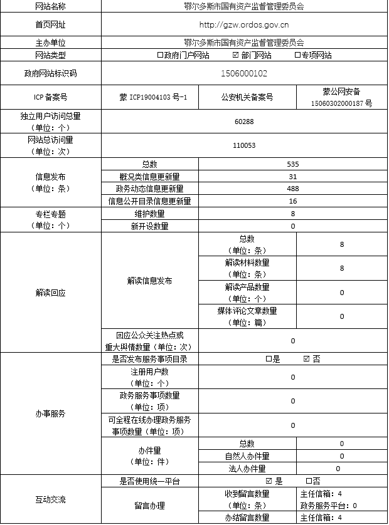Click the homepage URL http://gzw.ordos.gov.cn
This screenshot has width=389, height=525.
click(243, 25)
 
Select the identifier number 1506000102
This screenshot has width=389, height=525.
click(244, 73)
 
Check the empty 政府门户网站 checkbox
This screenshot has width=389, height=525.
click(160, 55)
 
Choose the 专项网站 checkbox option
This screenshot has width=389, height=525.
click(297, 55)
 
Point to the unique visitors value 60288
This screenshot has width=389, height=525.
click(244, 121)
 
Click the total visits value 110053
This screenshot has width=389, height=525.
click(244, 145)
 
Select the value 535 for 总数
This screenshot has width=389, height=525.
click(293, 164)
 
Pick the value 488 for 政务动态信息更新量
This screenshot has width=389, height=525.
click(293, 189)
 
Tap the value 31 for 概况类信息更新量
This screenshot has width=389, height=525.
click(293, 177)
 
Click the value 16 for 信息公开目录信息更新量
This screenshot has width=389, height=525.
click(293, 201)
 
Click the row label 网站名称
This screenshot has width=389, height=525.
click(51, 6)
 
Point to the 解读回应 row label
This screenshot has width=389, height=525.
click(51, 293)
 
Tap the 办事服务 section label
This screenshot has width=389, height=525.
click(51, 413)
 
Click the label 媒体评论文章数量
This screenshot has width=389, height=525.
click(247, 316)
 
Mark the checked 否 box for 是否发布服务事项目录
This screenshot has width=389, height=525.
click(306, 359)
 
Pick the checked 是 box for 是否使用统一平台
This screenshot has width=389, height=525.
click(269, 481)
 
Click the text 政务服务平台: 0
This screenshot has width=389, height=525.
click(329, 505)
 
